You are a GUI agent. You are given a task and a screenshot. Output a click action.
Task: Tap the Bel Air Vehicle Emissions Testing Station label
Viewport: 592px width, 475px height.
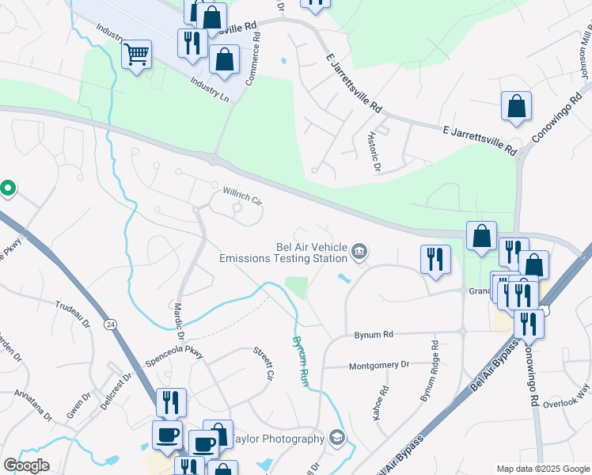pyautogui.click(x=283, y=253)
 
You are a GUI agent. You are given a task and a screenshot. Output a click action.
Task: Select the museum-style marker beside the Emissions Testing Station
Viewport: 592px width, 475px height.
pyautogui.click(x=359, y=253)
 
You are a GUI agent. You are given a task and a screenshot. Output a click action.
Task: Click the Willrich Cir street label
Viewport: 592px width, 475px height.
pyautogui.click(x=242, y=196)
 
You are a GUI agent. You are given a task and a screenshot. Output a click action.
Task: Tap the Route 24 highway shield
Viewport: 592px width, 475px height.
pyautogui.click(x=111, y=302)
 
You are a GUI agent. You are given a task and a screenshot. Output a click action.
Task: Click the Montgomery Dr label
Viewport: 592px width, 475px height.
pyautogui.click(x=379, y=365)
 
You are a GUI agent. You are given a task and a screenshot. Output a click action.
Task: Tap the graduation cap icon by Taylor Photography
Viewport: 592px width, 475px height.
pyautogui.click(x=337, y=438)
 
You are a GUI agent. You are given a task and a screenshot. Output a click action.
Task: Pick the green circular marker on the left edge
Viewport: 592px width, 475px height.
pyautogui.click(x=7, y=188)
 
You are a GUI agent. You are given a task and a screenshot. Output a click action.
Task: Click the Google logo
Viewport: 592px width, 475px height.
pyautogui.click(x=26, y=465)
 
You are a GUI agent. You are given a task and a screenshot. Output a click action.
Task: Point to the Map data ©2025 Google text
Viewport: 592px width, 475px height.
pyautogui.click(x=543, y=469)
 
